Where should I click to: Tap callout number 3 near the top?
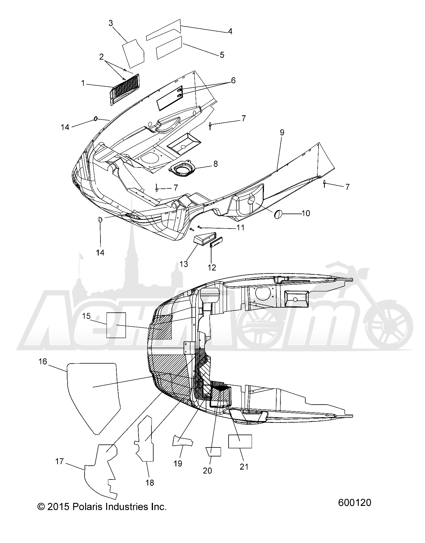[x=111, y=23]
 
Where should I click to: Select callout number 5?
[x=222, y=55]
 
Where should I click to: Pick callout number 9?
[x=282, y=132]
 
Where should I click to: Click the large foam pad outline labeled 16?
[x=93, y=398]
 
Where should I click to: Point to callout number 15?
[x=86, y=316]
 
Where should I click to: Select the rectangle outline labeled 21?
[x=240, y=441]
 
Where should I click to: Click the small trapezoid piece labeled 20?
[x=213, y=451]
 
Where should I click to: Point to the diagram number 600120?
[x=355, y=503]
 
